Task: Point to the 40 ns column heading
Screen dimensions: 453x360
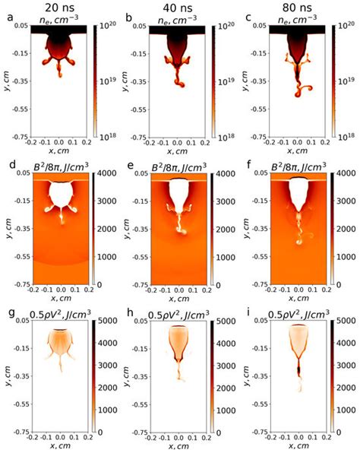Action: pos(178,6)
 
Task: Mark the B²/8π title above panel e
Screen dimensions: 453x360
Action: pos(176,165)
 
